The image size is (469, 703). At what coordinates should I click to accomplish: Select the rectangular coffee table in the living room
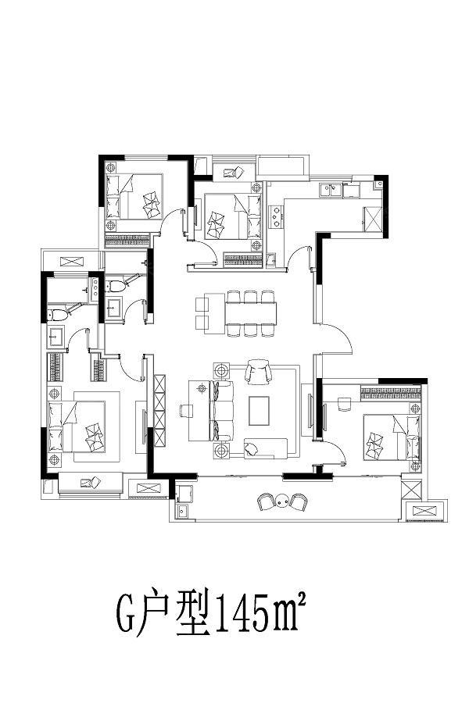[259, 410]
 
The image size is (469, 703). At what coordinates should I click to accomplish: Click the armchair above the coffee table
[259, 372]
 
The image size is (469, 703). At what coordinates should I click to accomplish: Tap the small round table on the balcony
[282, 500]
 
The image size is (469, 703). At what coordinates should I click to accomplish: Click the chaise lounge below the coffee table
[265, 448]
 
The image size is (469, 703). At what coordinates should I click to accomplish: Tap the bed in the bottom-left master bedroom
[77, 426]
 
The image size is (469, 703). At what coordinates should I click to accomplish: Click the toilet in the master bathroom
[59, 314]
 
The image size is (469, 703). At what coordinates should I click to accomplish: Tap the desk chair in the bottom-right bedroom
[344, 404]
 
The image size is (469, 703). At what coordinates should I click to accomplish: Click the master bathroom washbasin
[56, 337]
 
